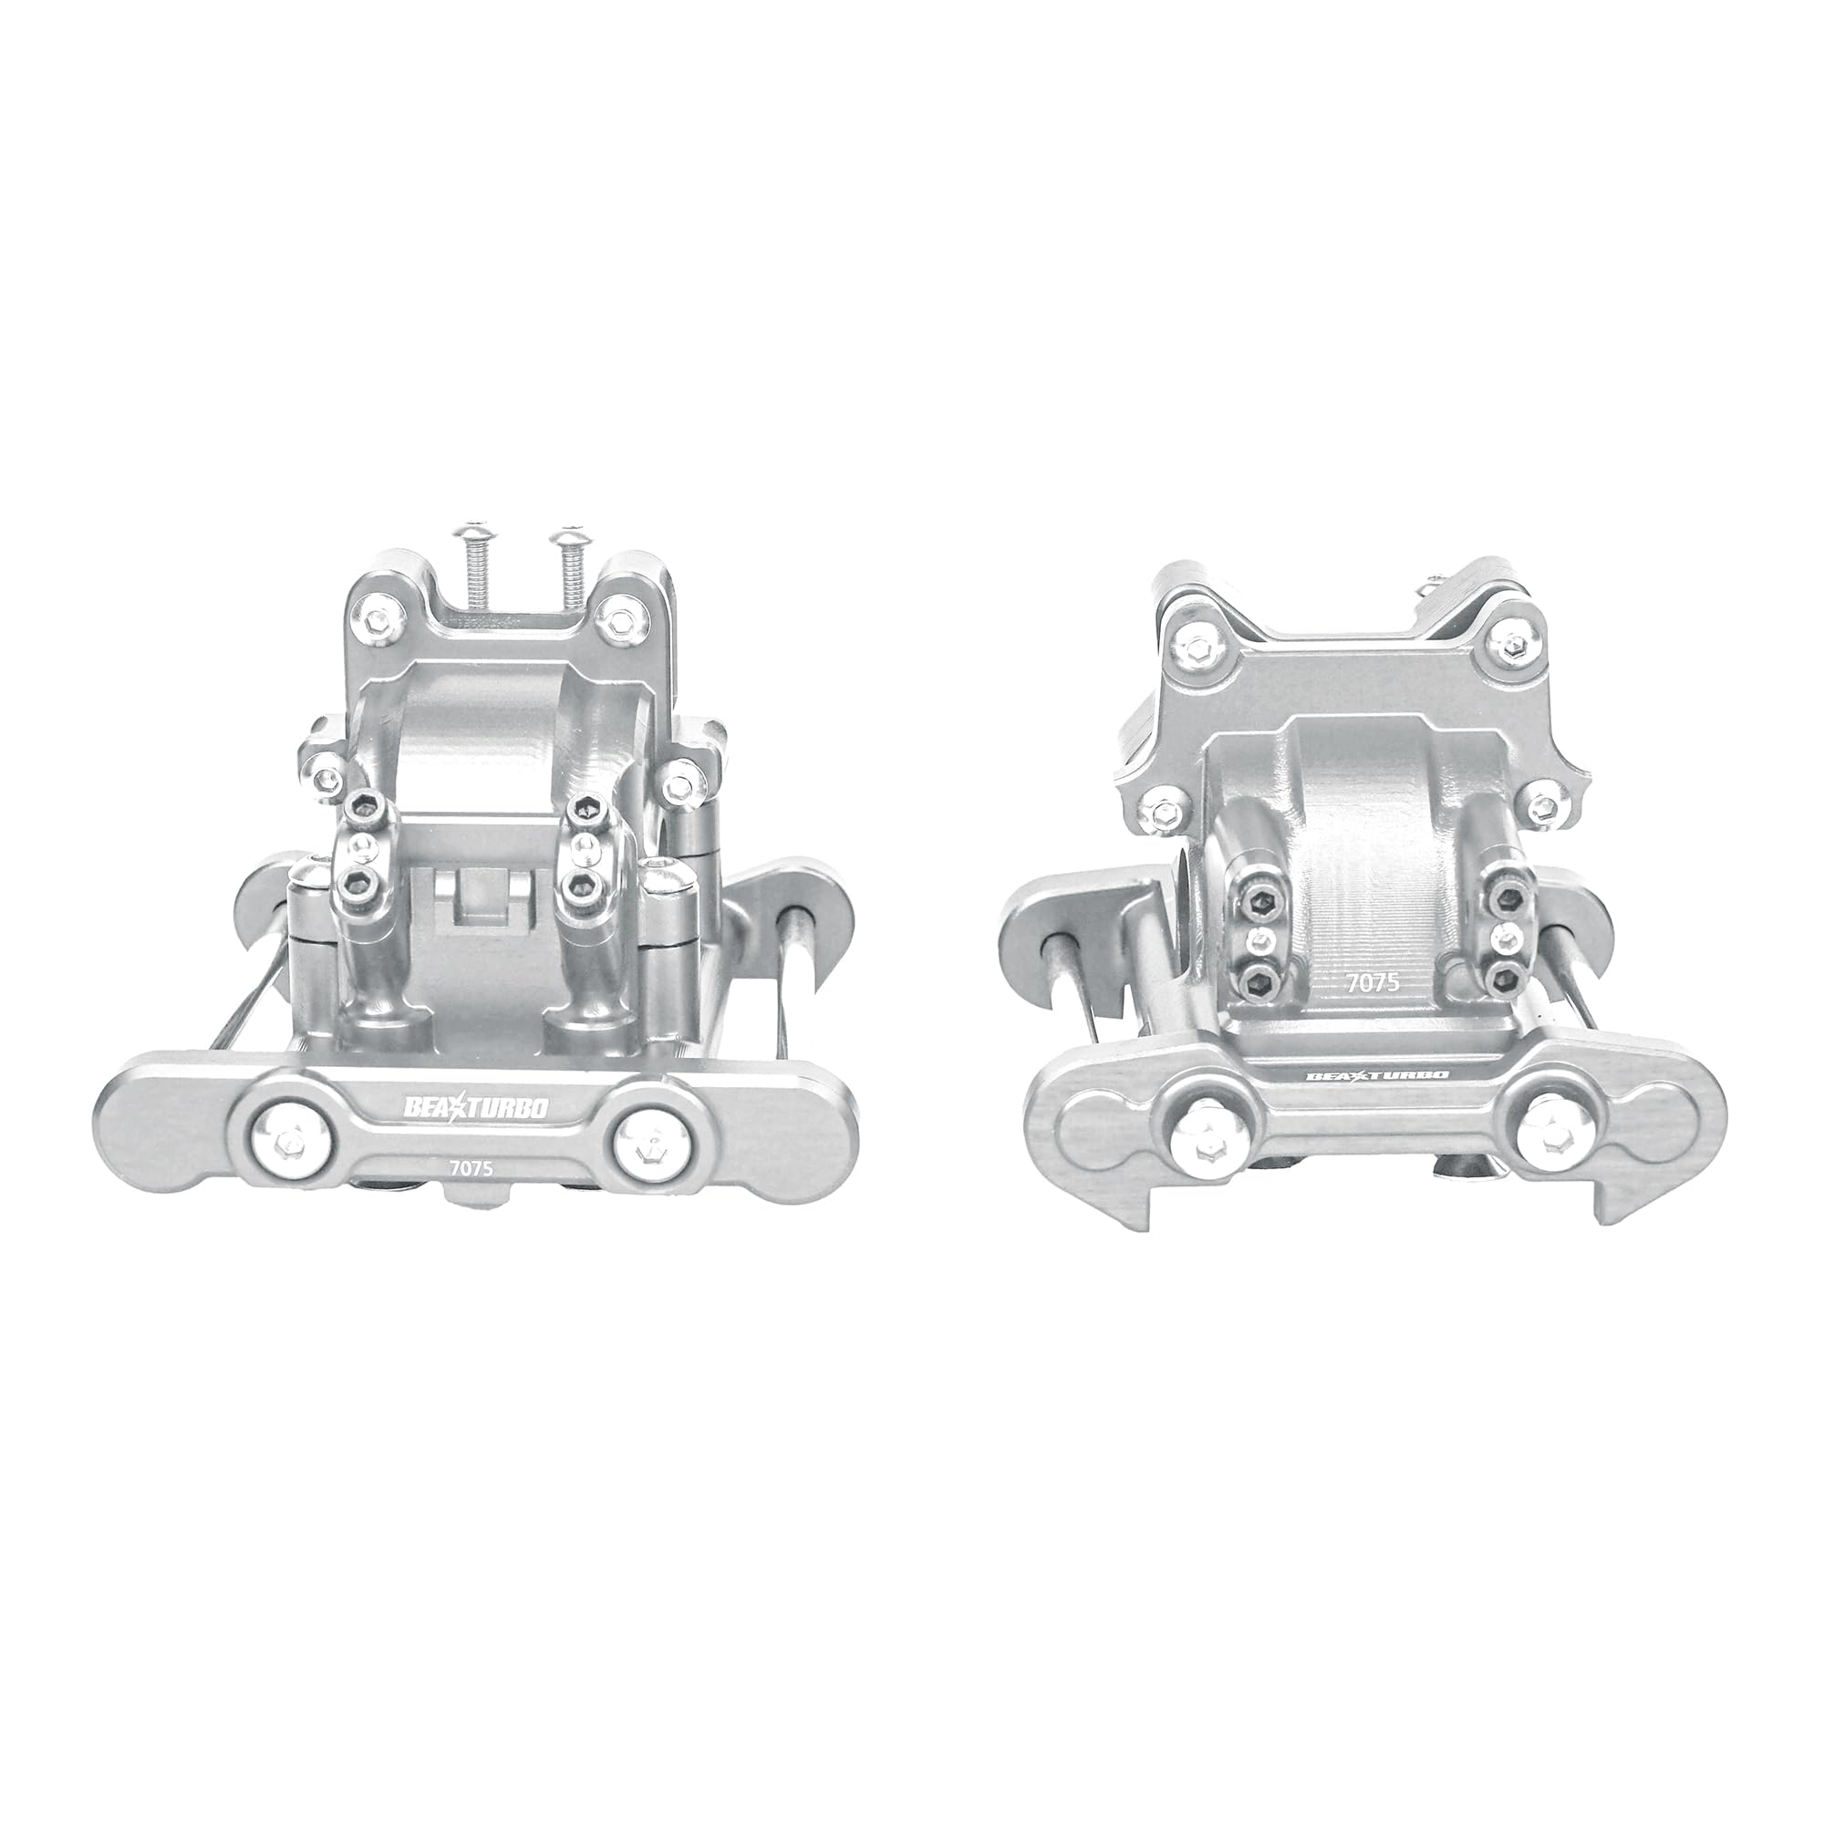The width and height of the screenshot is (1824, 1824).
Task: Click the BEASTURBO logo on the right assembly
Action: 1377,1075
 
